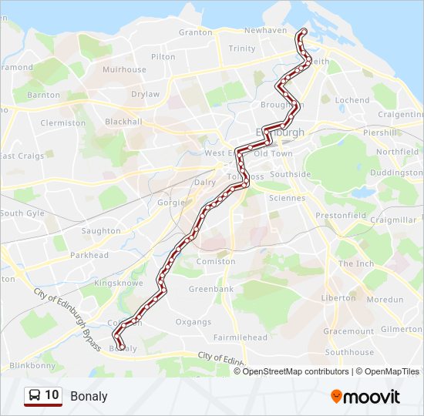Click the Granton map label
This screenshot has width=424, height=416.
[195, 32]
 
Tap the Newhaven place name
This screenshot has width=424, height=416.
[265, 30]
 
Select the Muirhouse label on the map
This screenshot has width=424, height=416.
[124, 69]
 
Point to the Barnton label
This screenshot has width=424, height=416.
[43, 95]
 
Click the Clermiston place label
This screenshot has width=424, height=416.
[63, 122]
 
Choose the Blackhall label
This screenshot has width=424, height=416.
[123, 122]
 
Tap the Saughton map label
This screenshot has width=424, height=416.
[100, 230]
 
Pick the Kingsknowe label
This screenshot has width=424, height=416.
[113, 283]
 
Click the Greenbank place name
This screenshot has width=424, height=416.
[211, 290]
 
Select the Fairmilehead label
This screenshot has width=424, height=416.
[241, 337]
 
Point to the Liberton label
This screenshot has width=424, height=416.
[338, 297]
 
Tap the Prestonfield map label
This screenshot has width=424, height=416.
[341, 216]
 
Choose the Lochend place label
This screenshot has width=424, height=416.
[352, 100]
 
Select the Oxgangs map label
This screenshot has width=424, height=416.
[193, 322]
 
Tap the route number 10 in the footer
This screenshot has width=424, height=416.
[52, 396]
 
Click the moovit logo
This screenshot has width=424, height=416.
[365, 397]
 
